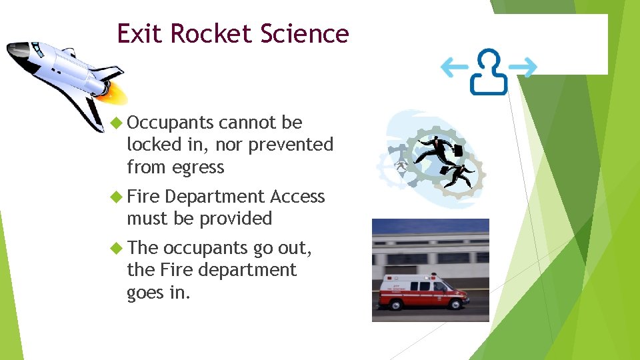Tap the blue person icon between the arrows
489,71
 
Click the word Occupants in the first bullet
170,123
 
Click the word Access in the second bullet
297,197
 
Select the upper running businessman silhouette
437,147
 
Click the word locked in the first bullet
152,145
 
